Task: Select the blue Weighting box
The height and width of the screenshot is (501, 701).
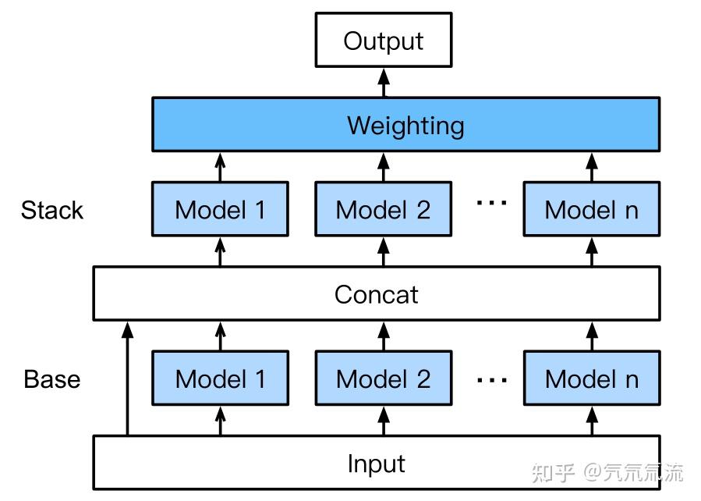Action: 405,125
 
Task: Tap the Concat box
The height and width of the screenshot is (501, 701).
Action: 376,294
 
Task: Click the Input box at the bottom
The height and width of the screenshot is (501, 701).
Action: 376,464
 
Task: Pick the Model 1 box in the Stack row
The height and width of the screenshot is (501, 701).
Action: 220,209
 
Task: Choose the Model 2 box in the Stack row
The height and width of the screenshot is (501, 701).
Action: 383,209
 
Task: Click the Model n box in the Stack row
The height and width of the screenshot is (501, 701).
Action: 591,209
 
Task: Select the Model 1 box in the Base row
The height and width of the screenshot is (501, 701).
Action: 220,378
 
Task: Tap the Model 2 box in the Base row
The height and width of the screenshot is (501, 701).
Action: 383,378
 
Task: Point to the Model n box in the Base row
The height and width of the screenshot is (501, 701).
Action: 591,378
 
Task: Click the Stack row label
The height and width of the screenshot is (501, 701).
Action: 51,210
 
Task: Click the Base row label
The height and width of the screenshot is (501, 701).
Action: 51,379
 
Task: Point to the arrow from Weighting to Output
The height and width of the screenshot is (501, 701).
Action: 383,82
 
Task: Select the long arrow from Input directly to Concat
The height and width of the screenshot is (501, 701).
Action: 127,378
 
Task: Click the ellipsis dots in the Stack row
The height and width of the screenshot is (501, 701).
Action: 491,203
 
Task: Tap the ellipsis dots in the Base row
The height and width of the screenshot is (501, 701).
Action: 491,380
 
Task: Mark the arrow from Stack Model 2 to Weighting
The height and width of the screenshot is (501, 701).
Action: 383,166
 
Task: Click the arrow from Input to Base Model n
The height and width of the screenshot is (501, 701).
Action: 591,421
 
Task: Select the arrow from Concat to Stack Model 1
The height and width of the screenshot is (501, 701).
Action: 220,251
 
